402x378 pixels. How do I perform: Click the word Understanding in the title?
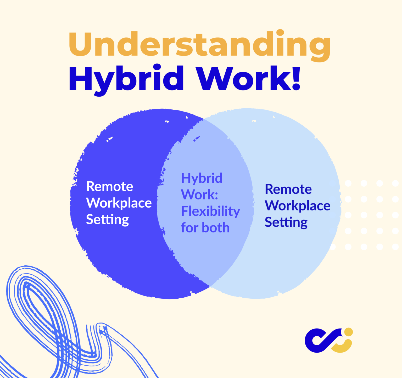coord(199,45)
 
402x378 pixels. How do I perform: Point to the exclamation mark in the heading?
coord(296,79)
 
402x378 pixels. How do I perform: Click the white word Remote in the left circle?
coord(110,187)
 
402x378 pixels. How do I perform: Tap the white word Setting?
coord(107,220)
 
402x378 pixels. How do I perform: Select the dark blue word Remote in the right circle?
coord(288,189)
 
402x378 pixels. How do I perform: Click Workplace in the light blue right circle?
coord(298,206)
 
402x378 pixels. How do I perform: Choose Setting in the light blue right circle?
coord(286,223)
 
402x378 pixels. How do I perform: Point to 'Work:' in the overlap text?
coord(199,195)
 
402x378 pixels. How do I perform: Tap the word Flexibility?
coord(210,211)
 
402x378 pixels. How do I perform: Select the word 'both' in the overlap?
coord(216,228)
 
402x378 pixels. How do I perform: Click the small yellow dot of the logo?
coord(348,332)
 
